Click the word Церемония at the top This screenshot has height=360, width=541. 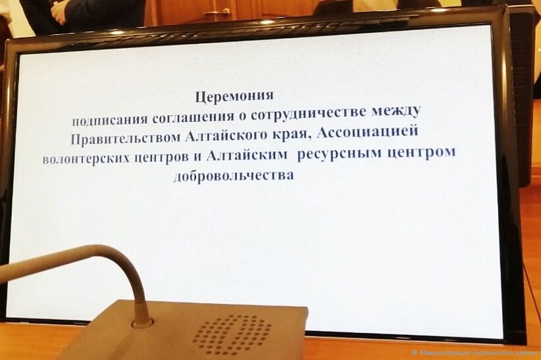234,96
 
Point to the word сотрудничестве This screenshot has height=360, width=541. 309,114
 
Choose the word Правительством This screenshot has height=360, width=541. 126,138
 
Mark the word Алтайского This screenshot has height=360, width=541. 226,136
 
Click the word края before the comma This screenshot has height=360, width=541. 290,134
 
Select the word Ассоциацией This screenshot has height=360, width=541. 368,132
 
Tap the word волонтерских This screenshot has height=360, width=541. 86,159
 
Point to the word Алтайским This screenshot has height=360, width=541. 247,155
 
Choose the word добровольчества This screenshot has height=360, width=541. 234,175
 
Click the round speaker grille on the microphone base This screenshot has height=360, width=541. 232,334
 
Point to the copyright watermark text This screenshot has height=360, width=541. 476,353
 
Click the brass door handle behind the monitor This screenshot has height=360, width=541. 218,13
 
